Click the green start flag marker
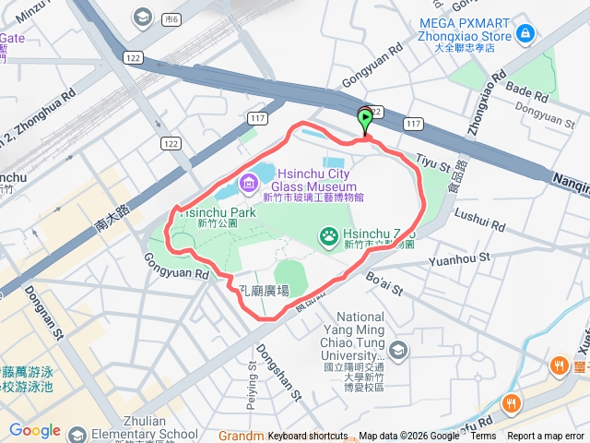tap(365, 118)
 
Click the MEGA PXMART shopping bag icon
tap(525, 34)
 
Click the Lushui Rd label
tap(480, 220)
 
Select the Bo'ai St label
tap(384, 283)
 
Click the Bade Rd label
tap(527, 93)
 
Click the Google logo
tap(34, 430)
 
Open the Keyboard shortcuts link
tap(308, 437)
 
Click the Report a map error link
tap(546, 437)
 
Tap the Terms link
tap(483, 437)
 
